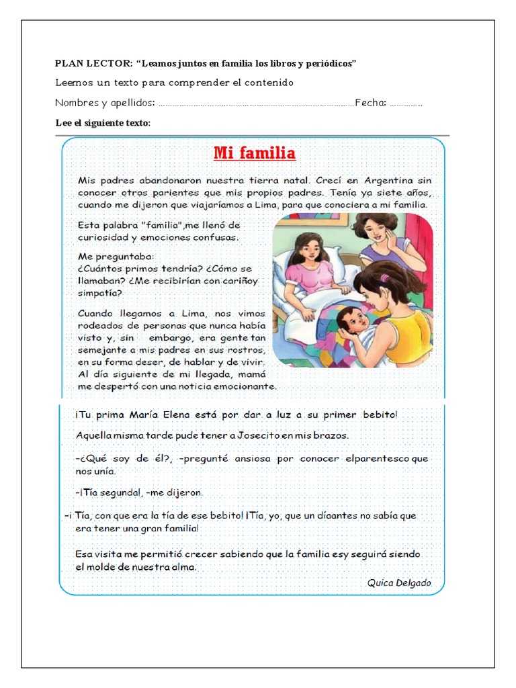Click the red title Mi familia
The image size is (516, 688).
point(254,154)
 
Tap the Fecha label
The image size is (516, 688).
point(370,103)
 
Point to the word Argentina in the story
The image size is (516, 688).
point(390,181)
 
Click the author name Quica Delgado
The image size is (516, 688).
point(399,583)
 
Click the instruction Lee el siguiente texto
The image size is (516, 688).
point(103,123)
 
